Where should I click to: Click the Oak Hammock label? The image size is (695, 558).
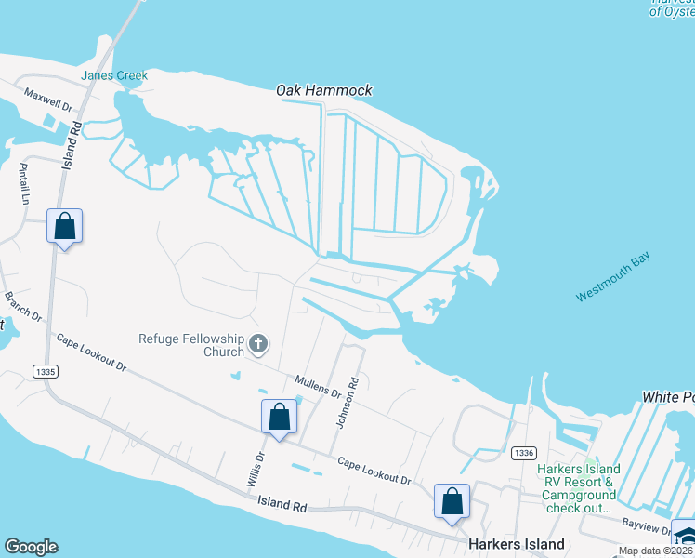coord(324,90)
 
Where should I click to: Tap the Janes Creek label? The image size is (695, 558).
coord(114,75)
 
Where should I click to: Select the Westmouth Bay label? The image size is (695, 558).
coord(613,278)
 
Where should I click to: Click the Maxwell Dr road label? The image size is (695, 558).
coord(48,100)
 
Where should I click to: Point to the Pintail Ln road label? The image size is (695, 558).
coord(25,183)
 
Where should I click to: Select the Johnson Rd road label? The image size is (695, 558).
coord(347,401)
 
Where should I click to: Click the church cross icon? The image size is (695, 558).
coord(259,346)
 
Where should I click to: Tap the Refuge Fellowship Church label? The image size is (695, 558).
coord(190,345)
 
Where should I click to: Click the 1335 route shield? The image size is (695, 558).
coord(43,371)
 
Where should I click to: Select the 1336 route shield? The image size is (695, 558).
coord(522,452)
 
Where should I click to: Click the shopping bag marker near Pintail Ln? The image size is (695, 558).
coord(64,226)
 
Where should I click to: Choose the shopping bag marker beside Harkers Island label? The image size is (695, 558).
coord(452,501)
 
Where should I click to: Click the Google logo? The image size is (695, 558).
coord(31,547)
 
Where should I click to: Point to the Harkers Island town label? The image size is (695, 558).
coord(517,544)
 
